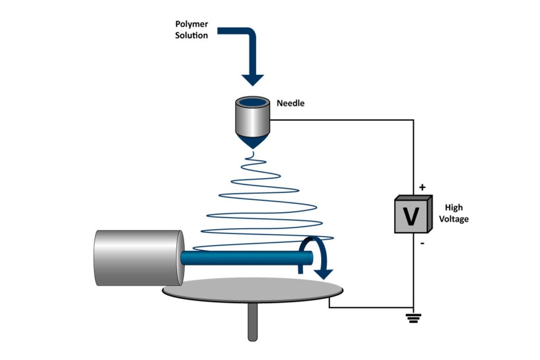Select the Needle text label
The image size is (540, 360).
291,103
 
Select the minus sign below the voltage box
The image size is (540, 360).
421,244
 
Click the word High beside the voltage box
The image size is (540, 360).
454,208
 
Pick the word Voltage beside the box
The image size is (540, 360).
454,219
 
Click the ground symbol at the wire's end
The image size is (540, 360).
413,317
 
